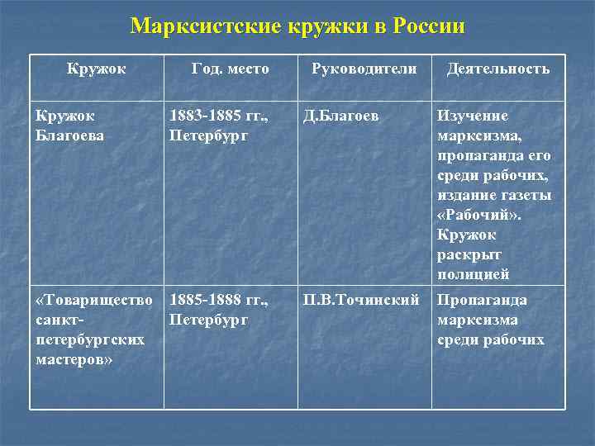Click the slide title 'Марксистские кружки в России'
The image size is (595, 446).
click(297, 26)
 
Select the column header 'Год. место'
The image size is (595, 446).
click(230, 69)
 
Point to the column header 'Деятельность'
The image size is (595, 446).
click(497, 69)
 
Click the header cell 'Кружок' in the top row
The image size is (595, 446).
click(97, 69)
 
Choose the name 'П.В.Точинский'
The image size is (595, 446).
click(360, 300)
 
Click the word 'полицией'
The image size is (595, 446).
click(473, 274)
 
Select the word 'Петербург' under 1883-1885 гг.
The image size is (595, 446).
click(208, 135)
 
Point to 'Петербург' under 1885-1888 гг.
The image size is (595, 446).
click(208, 320)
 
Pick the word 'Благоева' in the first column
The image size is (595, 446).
click(69, 135)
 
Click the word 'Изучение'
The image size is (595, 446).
click(473, 116)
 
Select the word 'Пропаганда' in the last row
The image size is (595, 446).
click(482, 300)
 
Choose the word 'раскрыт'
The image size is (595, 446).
click(468, 254)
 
